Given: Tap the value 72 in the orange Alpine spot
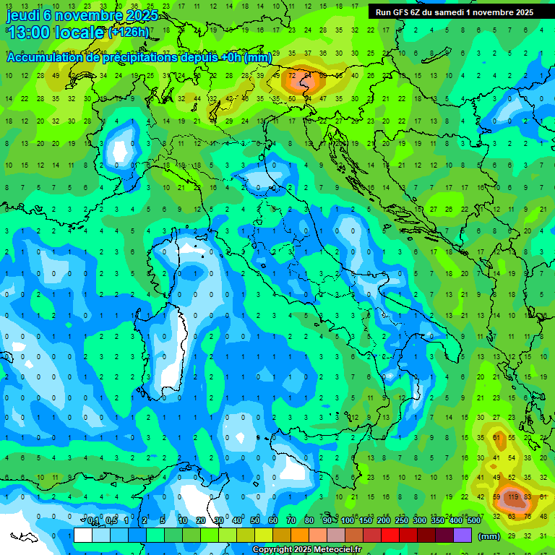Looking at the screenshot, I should click(x=293, y=76).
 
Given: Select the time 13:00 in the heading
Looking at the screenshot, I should click(x=29, y=33).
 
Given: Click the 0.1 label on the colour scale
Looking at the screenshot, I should click(x=92, y=522).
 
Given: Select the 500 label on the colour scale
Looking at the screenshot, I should click(x=473, y=522).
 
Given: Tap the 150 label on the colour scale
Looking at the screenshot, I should click(x=366, y=522).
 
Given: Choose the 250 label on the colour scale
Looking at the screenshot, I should click(x=402, y=522).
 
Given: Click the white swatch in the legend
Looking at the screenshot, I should click(x=83, y=535).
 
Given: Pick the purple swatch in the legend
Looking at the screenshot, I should click(x=462, y=535).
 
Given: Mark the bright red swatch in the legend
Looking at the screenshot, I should click(x=390, y=535).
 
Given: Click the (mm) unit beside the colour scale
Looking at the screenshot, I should click(x=489, y=536).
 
